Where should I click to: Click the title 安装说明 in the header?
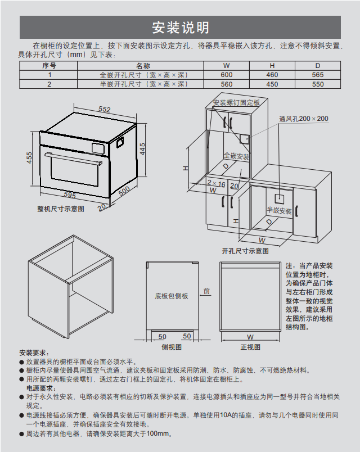point(180,28)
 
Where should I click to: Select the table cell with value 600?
point(226,75)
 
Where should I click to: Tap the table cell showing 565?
point(318,75)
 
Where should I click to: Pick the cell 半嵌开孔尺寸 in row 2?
point(143,84)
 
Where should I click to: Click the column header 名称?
point(143,66)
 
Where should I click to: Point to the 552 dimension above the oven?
point(104,109)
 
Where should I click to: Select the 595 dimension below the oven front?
point(69,195)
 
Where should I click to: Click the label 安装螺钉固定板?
point(236,103)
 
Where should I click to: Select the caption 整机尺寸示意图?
point(61,209)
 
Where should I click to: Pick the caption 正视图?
point(250,347)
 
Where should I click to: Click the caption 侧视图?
point(172,347)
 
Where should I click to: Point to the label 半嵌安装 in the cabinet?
point(279,211)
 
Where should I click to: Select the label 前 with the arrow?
point(206,291)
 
